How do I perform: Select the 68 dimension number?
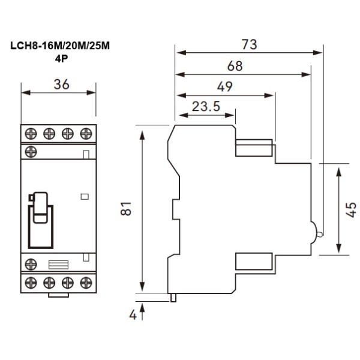point(235,66)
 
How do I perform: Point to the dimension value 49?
point(225,86)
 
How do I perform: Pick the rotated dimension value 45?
point(352,208)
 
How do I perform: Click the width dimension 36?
point(58,85)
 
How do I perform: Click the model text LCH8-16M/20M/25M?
point(60,46)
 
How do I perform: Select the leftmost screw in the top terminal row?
point(31,132)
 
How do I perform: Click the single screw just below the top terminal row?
point(31,152)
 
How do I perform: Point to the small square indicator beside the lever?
point(84,196)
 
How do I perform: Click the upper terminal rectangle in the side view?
point(254,148)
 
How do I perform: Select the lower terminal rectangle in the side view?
point(254,261)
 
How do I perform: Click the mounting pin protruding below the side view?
point(174,297)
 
